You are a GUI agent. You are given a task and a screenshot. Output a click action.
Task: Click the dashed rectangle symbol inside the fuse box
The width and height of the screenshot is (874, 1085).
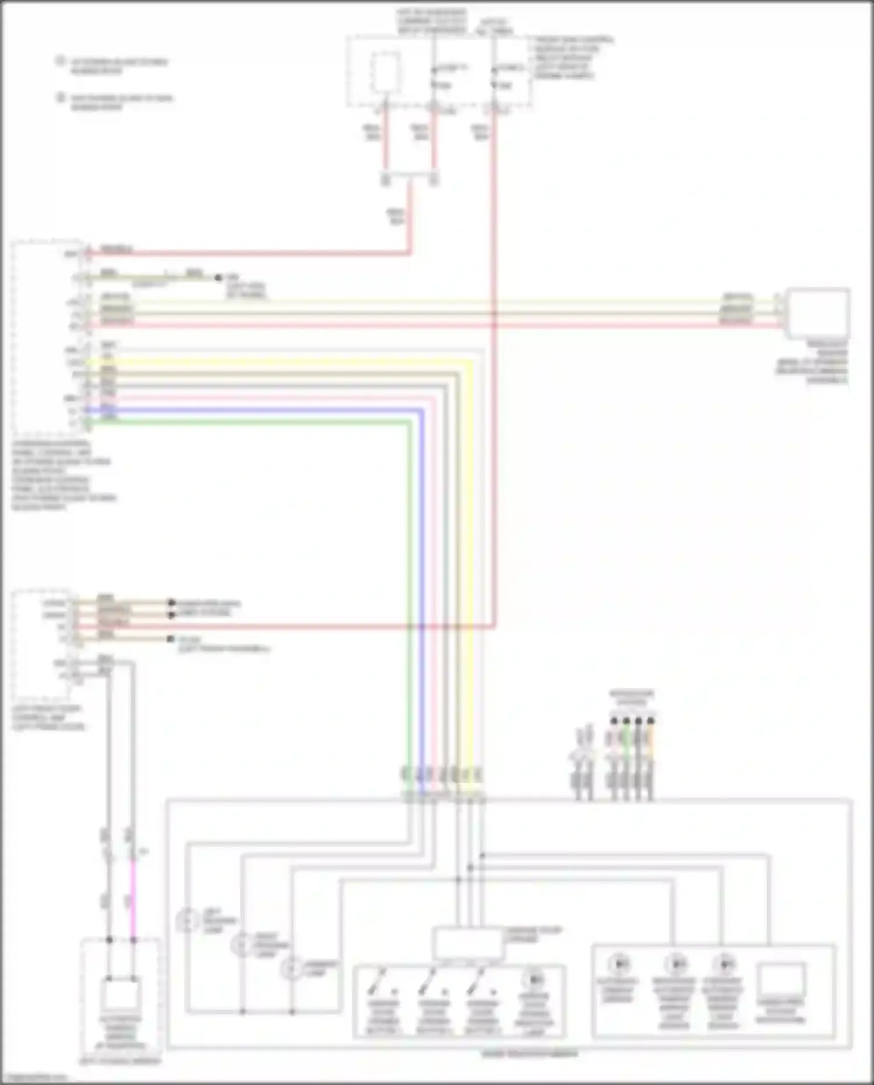[386, 72]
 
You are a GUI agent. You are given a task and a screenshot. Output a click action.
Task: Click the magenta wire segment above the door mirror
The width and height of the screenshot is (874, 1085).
[133, 898]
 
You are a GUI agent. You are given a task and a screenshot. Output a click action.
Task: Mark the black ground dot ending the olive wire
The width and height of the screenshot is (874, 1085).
[218, 278]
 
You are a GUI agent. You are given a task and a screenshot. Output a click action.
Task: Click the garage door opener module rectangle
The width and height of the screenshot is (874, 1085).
[468, 943]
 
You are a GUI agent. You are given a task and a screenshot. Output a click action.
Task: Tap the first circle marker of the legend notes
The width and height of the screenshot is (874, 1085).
[60, 61]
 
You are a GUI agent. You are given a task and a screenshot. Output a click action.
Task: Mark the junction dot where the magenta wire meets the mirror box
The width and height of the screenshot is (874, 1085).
[133, 940]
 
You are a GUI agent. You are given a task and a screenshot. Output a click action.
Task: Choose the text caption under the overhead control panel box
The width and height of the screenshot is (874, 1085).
[61, 475]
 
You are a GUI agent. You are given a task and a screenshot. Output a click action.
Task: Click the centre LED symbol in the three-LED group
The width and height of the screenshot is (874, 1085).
[675, 964]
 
